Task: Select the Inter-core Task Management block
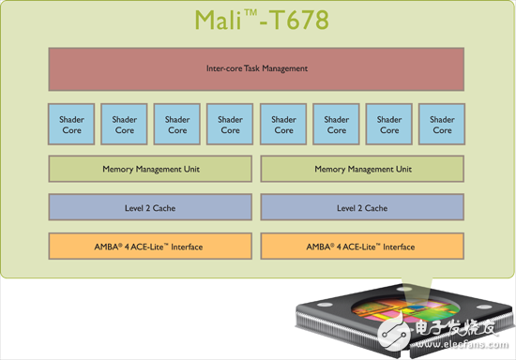[x=256, y=69]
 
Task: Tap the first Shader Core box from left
[x=71, y=125]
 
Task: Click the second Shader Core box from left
[x=124, y=125]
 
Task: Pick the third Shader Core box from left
[x=177, y=125]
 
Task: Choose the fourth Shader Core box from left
[x=230, y=125]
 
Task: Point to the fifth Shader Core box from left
[x=283, y=125]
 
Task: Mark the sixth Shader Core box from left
[x=336, y=125]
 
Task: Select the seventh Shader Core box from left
[x=389, y=125]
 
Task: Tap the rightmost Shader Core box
[x=442, y=125]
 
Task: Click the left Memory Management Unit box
[x=150, y=169]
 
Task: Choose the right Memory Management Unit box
[x=362, y=169]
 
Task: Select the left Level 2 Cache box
[x=150, y=207]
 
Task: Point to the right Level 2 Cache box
[x=362, y=207]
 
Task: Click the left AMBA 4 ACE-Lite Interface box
[x=150, y=247]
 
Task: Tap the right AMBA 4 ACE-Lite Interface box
[x=362, y=247]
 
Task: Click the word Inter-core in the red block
[x=223, y=68]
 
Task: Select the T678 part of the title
[x=297, y=21]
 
